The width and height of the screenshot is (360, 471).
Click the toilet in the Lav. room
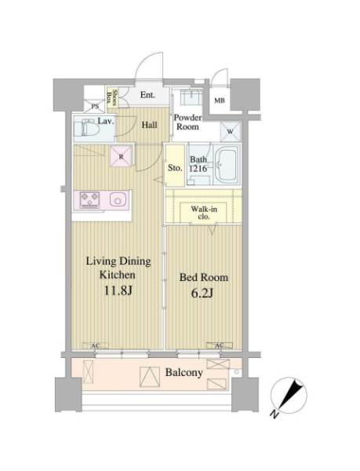[87, 128]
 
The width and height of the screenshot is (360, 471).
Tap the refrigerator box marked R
[121, 156]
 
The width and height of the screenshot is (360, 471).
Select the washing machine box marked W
[231, 132]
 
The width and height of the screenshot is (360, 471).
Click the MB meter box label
[220, 100]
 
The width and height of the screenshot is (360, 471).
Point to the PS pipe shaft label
[95, 106]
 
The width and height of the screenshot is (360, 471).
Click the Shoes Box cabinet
[112, 97]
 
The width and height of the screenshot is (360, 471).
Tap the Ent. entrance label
[147, 95]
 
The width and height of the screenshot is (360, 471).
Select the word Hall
[149, 125]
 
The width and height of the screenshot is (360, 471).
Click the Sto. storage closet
[175, 166]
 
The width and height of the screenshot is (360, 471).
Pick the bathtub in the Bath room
[227, 165]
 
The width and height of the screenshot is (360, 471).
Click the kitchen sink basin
[118, 199]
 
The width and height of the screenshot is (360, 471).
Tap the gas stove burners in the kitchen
[89, 199]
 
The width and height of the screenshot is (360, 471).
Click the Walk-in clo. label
[204, 213]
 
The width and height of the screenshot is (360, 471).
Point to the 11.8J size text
[118, 290]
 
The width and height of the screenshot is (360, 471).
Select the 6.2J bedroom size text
[202, 293]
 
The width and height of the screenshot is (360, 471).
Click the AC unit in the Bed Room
[220, 345]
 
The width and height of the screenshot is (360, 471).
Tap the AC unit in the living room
[95, 346]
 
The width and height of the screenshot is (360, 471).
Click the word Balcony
[184, 373]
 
